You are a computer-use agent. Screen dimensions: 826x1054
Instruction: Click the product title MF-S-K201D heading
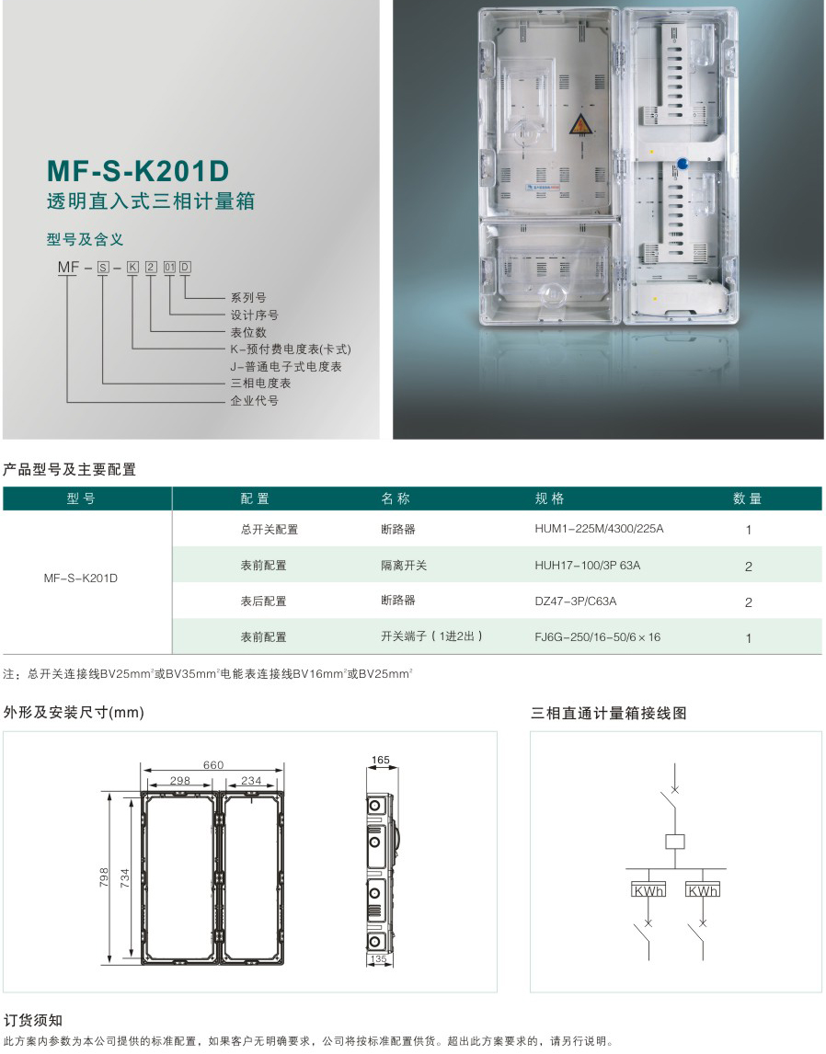(x=138, y=171)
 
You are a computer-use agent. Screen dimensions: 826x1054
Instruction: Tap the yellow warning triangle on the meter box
(x=579, y=126)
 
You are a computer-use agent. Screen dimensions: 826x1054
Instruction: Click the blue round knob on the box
(x=683, y=164)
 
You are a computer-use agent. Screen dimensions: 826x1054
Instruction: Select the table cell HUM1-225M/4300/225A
(x=599, y=529)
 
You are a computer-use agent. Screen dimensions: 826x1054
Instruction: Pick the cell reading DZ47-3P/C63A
(x=575, y=601)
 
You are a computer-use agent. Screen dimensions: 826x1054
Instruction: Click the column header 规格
(x=549, y=498)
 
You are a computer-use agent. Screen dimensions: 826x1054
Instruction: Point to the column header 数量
(x=747, y=498)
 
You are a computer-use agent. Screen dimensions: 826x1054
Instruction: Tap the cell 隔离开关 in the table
(x=403, y=566)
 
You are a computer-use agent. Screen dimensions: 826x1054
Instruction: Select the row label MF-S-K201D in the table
(x=81, y=579)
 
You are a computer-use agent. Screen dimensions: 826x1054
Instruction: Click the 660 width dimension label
(x=213, y=765)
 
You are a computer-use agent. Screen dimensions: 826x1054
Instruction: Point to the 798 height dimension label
(x=104, y=877)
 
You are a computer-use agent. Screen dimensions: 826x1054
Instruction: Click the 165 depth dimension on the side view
(x=381, y=760)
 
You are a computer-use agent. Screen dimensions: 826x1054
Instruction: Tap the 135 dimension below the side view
(x=378, y=959)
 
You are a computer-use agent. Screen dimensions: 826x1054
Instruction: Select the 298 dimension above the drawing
(x=180, y=781)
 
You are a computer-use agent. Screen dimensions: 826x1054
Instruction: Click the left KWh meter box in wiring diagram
(x=648, y=889)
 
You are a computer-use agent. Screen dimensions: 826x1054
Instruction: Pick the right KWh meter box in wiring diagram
(x=703, y=889)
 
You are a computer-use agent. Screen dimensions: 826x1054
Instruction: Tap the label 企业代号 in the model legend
(x=254, y=401)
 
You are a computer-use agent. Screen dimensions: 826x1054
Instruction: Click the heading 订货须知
(x=33, y=1020)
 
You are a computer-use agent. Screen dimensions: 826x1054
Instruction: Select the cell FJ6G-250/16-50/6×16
(x=598, y=636)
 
